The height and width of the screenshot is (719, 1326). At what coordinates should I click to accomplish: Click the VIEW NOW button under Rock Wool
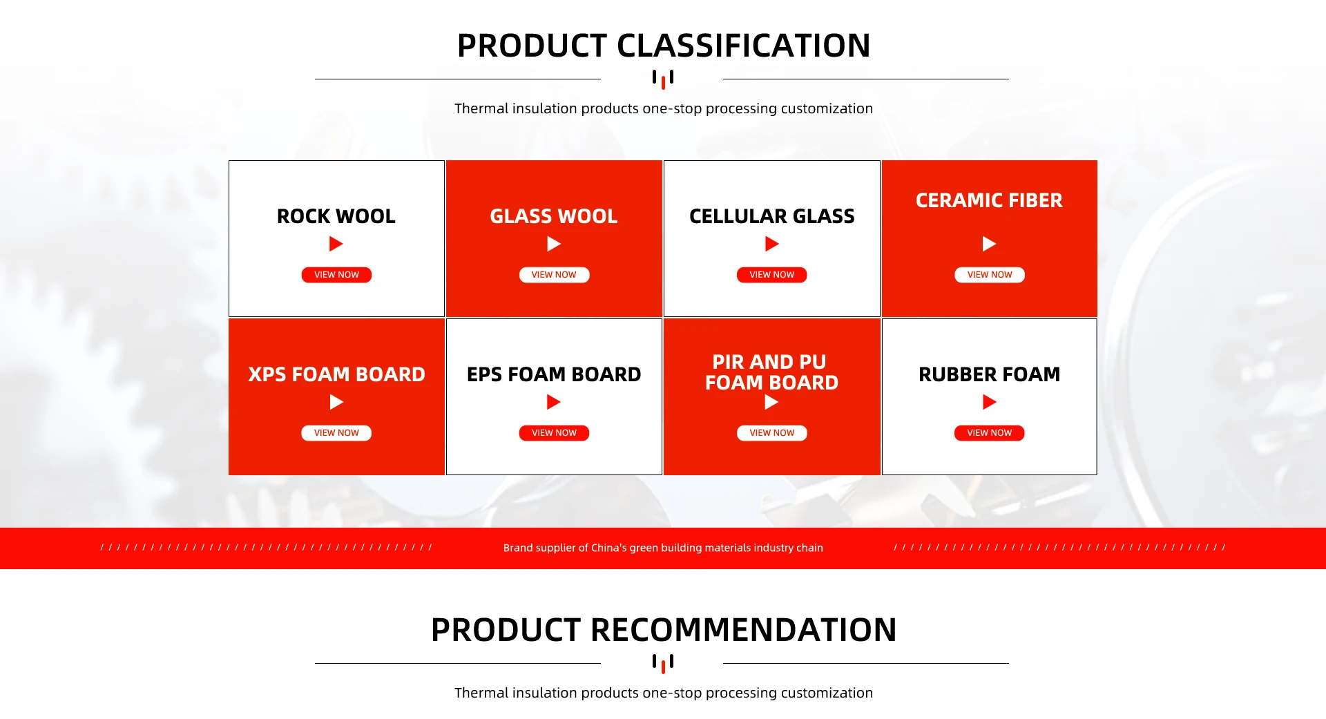[x=336, y=275]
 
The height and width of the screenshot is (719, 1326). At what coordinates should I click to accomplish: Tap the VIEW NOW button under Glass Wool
[x=554, y=275]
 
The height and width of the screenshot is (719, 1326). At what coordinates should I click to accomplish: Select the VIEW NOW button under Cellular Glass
[x=771, y=275]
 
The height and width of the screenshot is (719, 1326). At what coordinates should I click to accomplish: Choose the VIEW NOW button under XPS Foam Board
[x=336, y=433]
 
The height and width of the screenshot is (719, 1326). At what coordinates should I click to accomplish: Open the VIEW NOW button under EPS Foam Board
[x=554, y=433]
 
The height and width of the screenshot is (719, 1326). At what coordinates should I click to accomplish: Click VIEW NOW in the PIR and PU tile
[x=771, y=433]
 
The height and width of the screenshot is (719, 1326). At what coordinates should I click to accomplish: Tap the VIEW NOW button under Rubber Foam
[x=989, y=433]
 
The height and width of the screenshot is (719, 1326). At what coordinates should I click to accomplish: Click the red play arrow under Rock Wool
[x=336, y=244]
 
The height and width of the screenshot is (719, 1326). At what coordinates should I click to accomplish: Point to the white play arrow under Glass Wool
[x=553, y=244]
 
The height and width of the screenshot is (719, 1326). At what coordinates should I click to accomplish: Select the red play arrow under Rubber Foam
[x=989, y=402]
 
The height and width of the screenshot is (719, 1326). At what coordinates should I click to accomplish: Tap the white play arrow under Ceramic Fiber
[x=989, y=244]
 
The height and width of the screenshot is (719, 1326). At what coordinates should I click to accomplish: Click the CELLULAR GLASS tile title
[x=771, y=216]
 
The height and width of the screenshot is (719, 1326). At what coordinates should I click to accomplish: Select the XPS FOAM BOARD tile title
[x=336, y=374]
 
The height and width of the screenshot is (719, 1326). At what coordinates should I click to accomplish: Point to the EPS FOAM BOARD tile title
[x=554, y=374]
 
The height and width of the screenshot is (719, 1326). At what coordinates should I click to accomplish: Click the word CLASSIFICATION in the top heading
[x=743, y=46]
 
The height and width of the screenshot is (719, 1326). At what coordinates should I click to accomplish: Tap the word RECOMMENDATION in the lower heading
[x=744, y=630]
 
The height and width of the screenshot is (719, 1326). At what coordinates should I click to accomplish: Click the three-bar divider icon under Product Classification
[x=663, y=79]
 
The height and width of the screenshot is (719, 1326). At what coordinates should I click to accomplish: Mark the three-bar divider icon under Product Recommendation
[x=663, y=664]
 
